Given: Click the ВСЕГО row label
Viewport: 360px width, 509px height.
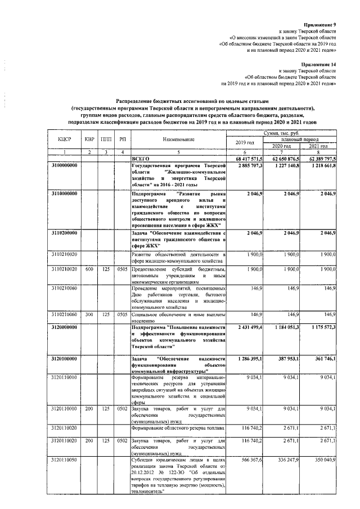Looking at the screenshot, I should point(140,159).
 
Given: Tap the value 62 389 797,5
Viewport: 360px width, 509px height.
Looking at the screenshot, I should point(320,159).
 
